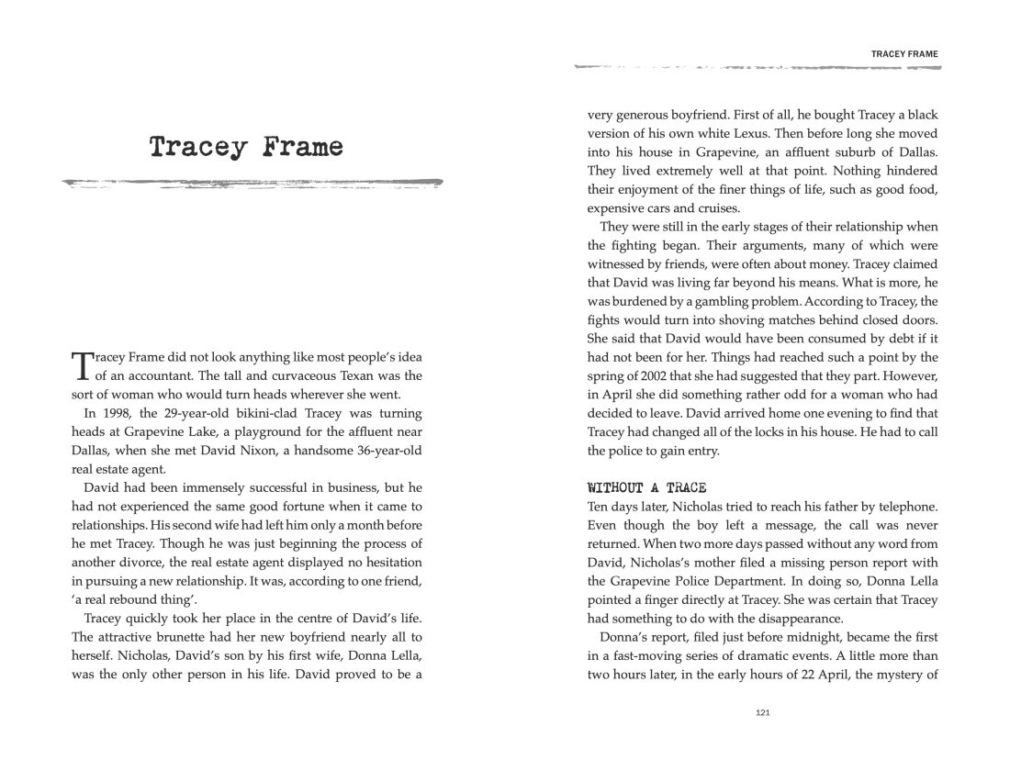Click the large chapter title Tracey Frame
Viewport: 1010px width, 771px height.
(x=246, y=147)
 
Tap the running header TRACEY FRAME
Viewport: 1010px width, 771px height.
(x=904, y=54)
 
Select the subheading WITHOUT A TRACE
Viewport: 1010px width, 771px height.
(x=645, y=487)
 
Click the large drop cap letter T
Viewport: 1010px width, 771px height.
(x=81, y=364)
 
